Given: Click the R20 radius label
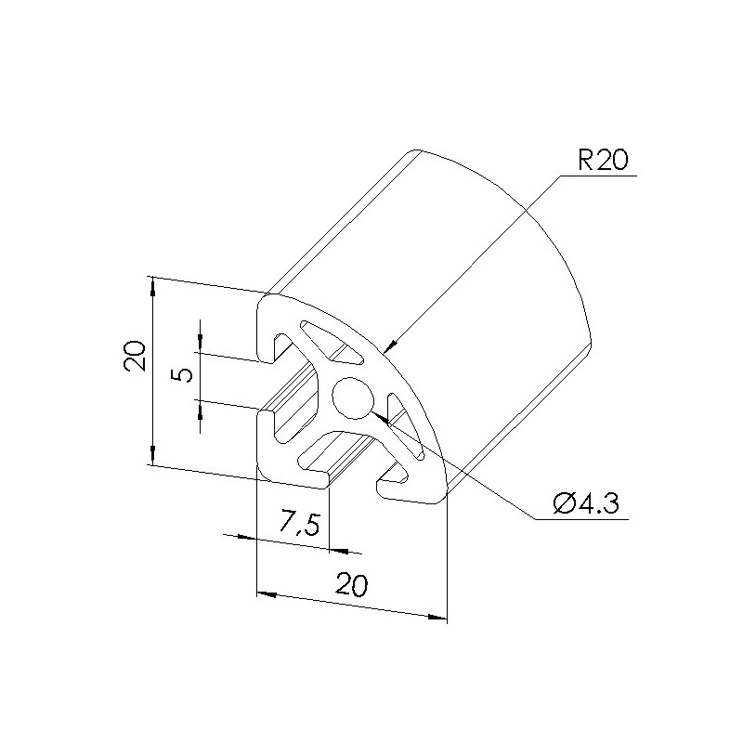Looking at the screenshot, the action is [602, 160].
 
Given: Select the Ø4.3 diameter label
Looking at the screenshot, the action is [586, 503].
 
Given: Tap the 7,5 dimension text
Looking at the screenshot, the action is [299, 523].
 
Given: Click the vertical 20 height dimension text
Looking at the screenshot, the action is [135, 356].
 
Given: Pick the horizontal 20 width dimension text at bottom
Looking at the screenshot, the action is [352, 585].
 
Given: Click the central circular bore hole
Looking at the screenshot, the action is [353, 398].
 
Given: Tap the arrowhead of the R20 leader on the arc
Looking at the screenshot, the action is [389, 346].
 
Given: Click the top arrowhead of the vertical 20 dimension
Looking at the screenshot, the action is [152, 286].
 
